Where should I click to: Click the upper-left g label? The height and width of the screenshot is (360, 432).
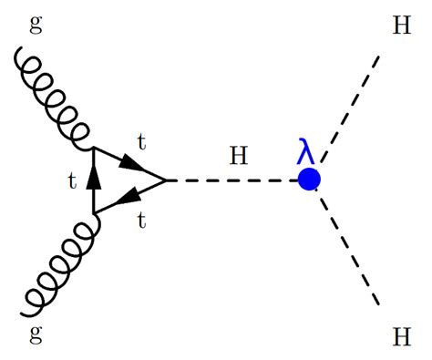(36, 25)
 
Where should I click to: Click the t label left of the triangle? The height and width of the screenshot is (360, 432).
(72, 181)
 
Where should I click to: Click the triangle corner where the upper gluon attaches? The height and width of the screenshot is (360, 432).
(94, 149)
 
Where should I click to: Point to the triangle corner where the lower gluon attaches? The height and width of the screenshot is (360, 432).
(94, 214)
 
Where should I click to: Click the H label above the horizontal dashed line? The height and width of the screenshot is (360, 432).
(239, 155)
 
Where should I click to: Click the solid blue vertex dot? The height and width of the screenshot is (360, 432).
(309, 180)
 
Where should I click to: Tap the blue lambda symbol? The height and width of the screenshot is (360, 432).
(306, 151)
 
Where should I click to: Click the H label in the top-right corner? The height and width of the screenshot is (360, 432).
(400, 25)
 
